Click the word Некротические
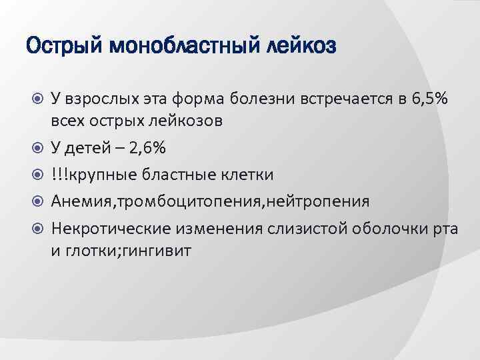tap(113, 229)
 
